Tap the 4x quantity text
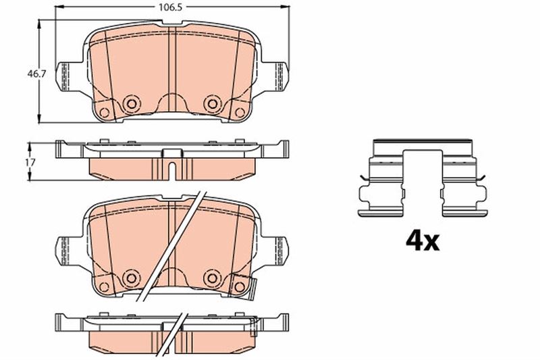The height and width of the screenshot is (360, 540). click(x=421, y=240)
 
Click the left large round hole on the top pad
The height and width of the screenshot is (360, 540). click(x=130, y=103)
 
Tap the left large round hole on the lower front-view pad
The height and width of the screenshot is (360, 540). click(x=130, y=277)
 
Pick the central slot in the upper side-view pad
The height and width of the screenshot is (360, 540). click(x=172, y=169)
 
